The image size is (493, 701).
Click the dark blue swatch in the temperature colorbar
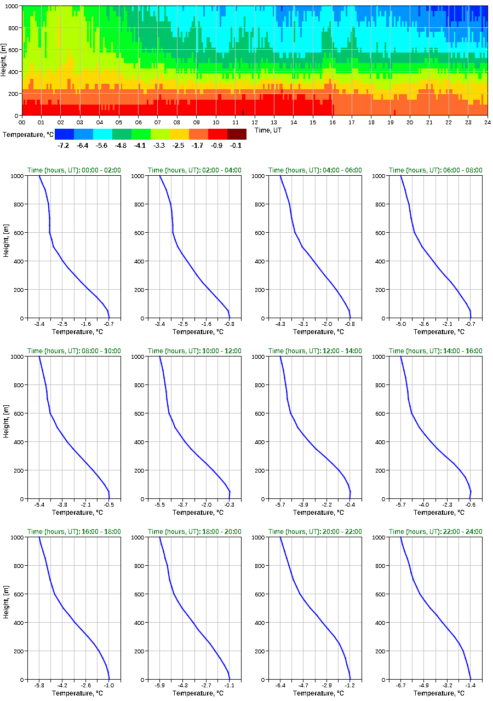coord(64,134)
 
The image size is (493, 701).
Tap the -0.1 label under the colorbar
coord(237,145)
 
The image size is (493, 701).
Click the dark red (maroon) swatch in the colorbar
coord(237,134)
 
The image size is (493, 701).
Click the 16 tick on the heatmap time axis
coord(333,122)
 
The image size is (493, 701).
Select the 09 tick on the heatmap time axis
coord(197,122)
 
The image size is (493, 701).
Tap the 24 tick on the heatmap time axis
coord(487,122)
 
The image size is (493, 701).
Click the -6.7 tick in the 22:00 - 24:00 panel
coord(401,685)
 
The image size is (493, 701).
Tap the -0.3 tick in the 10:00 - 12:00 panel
coord(230,504)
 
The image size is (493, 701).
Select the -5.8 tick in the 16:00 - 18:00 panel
coord(39,685)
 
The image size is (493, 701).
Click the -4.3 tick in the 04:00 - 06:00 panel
coord(280,324)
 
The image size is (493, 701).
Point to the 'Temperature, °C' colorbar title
coord(27,134)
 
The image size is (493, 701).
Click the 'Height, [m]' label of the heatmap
coord(4,60)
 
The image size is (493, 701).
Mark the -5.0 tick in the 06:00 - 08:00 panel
coord(401,324)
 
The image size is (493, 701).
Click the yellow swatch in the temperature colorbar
coord(179,134)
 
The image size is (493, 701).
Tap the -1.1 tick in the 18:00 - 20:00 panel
coord(230,685)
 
